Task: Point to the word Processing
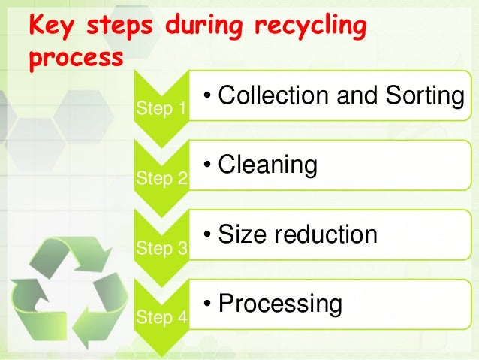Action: pyautogui.click(x=280, y=304)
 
